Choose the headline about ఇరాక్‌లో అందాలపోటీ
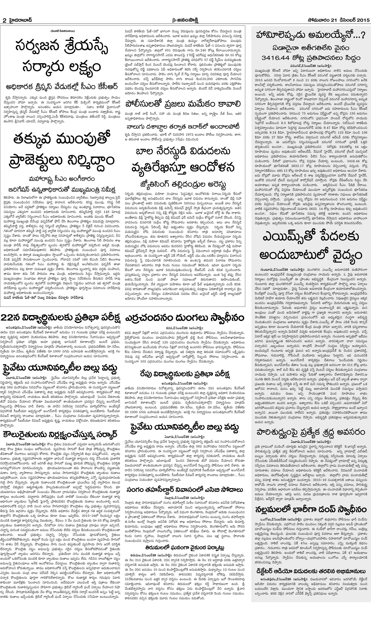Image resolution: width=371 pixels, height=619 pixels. tap(183, 126)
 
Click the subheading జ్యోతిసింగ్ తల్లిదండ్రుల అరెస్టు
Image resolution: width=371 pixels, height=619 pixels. tap(184, 185)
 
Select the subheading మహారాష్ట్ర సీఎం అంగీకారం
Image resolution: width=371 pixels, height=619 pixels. tap(62, 179)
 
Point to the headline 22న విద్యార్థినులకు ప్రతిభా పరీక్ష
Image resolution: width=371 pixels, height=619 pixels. tap(61, 318)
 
